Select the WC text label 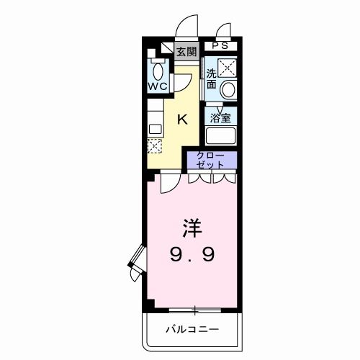(158, 86)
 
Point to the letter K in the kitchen (182, 119)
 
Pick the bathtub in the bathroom (221, 135)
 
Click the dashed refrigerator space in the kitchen (155, 146)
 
